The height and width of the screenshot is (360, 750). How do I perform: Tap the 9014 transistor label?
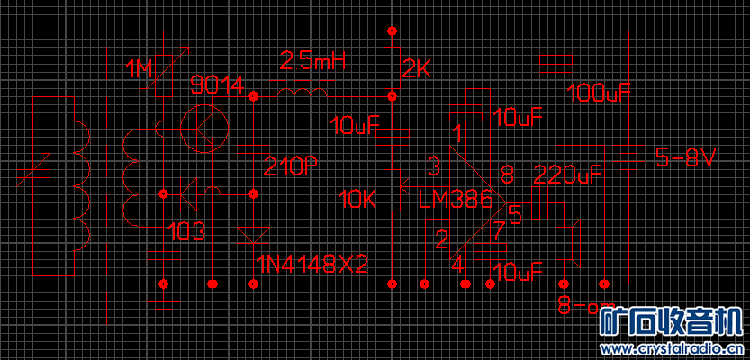coord(217,85)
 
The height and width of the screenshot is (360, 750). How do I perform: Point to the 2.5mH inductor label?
coord(312,61)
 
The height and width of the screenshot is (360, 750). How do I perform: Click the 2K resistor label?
coord(418,68)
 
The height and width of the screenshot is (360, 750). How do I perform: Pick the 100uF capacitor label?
coord(598,93)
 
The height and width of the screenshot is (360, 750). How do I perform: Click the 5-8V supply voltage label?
coord(685,159)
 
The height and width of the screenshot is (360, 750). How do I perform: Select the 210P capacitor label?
coord(291,166)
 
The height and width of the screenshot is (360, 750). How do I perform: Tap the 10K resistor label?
coord(357,200)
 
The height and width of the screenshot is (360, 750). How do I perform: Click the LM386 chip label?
coord(456,200)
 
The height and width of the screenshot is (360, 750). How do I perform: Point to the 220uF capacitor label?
coord(567,175)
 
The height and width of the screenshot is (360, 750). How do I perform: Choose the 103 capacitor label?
coord(186,233)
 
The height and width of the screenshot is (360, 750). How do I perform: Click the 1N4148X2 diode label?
coord(312,265)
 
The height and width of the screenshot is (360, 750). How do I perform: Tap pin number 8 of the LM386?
coord(507,174)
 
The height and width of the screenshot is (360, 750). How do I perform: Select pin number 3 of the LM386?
coord(434,166)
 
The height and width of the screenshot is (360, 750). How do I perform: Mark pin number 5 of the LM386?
coord(515,215)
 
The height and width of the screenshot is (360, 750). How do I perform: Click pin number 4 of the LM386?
coord(457,265)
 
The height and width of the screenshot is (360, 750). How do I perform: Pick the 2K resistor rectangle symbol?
coord(392,65)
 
